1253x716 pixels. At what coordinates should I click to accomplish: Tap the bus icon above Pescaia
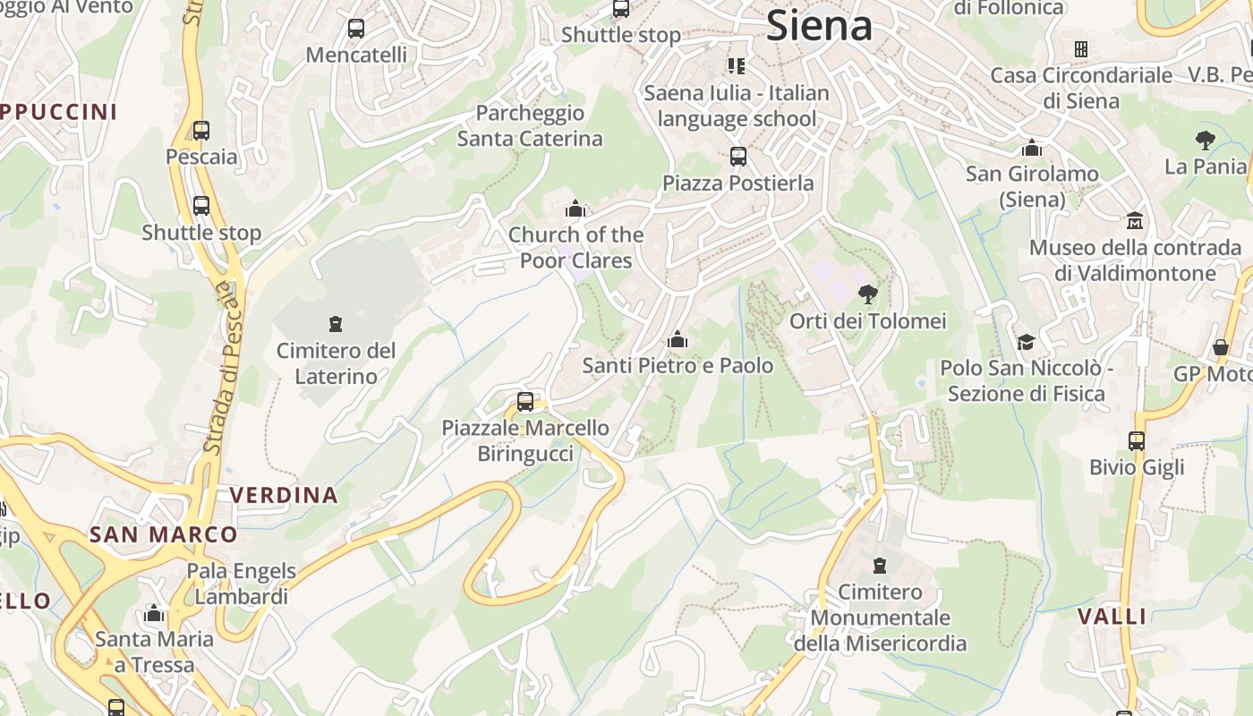point(201,131)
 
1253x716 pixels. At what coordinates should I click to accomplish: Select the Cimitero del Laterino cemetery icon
point(336,323)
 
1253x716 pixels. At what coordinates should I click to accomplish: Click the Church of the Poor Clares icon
point(575,209)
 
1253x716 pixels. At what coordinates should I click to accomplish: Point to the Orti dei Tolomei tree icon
point(867,294)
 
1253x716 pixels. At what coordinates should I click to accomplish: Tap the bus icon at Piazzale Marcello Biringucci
point(525,402)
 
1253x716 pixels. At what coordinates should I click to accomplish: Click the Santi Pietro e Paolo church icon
point(678,339)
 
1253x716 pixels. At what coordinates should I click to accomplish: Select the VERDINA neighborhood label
point(284,495)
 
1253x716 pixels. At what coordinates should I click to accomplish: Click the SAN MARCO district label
point(163,535)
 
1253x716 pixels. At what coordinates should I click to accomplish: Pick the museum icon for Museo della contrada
point(1135,220)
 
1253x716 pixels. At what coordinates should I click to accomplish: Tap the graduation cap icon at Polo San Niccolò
point(1026,342)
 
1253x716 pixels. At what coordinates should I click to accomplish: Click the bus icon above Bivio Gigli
point(1136,440)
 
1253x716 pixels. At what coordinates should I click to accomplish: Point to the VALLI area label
point(1112,616)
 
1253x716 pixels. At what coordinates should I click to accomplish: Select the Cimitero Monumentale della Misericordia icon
point(880,566)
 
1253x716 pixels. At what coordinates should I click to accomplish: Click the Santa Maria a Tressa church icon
point(154,613)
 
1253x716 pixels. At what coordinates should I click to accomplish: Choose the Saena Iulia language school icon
point(736,65)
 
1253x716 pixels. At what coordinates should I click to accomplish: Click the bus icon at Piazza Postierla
point(738,157)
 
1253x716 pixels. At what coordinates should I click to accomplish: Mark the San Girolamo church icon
point(1032,148)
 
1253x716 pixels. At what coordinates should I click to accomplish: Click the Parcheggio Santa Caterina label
point(530,126)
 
